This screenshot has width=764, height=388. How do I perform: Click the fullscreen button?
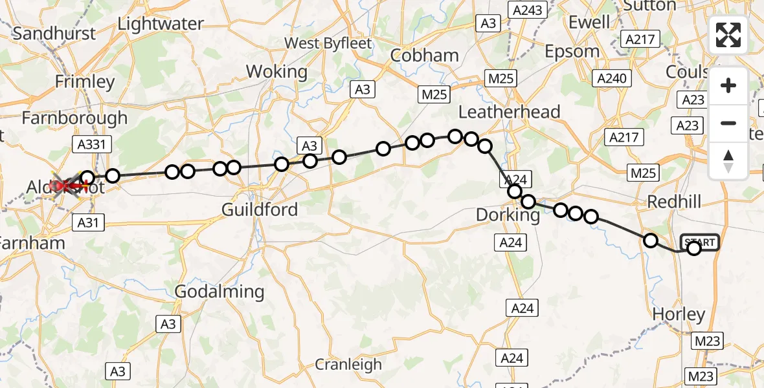(x=728, y=35)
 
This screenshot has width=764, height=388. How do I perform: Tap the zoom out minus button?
(x=728, y=123)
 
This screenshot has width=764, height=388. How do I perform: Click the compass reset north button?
(x=728, y=161)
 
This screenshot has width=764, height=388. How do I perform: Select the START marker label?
(x=700, y=242)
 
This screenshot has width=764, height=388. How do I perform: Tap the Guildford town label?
(x=260, y=210)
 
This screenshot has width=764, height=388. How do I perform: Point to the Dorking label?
(x=508, y=215)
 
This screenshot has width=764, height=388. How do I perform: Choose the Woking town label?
(x=277, y=71)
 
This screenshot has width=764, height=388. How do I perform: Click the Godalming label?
(x=219, y=292)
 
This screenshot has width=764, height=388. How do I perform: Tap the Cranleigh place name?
(x=348, y=365)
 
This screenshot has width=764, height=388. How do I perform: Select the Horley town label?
(x=679, y=315)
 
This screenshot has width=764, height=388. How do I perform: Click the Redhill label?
(x=674, y=202)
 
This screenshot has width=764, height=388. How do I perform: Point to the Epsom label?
(x=572, y=51)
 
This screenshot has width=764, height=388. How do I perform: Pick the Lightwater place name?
(x=161, y=24)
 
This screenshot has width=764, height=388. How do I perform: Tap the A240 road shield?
(x=611, y=78)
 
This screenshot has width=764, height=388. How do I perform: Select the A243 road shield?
(x=528, y=10)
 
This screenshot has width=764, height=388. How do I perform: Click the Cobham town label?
(x=424, y=56)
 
